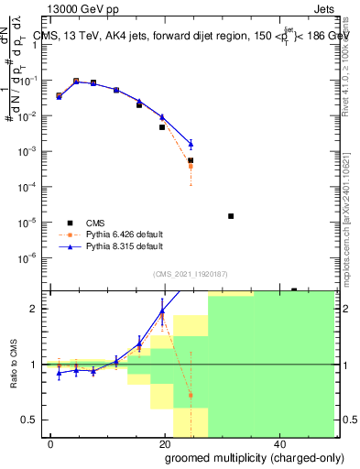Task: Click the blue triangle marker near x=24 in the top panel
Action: [191, 144]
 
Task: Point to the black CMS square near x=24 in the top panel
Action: [191, 160]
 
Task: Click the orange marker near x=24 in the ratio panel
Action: [191, 396]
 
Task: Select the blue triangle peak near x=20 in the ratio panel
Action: [162, 311]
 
